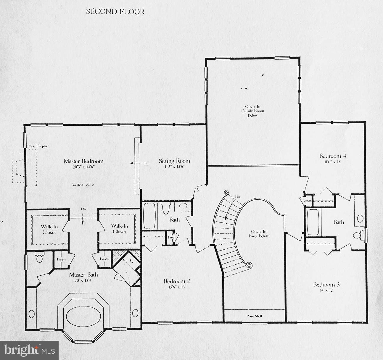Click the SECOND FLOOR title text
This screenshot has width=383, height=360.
coord(115,12)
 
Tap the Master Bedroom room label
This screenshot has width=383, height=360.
coord(83,161)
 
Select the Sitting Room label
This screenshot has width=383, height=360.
coord(174,161)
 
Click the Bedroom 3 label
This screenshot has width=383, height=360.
coord(326,285)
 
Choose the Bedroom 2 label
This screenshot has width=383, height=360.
coord(177,281)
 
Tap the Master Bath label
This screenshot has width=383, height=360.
coord(83,275)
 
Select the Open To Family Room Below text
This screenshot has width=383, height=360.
coord(252,111)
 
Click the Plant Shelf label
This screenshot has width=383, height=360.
coord(254,316)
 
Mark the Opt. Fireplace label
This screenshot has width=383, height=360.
coord(39,146)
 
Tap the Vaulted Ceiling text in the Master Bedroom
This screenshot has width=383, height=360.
coord(83,185)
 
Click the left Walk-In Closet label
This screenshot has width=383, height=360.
coord(49,229)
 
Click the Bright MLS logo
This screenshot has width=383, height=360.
coord(29,351)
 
